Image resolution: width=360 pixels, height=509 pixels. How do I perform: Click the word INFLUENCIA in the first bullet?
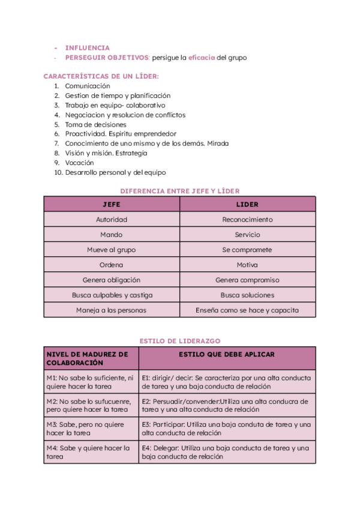click(x=87, y=47)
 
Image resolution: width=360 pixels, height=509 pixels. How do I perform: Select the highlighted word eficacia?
click(x=202, y=58)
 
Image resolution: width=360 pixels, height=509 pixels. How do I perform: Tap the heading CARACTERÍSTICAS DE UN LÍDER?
click(x=101, y=76)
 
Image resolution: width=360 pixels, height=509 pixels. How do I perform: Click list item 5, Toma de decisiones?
click(x=95, y=124)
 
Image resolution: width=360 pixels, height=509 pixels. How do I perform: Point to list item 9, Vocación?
click(x=79, y=163)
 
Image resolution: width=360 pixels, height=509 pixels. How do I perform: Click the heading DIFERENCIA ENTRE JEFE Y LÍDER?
click(x=180, y=191)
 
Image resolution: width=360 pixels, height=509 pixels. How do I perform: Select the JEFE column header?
click(x=112, y=205)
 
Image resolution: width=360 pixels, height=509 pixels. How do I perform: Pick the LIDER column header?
click(x=247, y=205)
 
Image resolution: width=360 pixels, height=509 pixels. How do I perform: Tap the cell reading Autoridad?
click(x=112, y=220)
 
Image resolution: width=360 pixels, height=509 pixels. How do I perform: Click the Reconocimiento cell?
click(x=247, y=220)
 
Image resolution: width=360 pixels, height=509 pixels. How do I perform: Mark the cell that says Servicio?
click(x=247, y=235)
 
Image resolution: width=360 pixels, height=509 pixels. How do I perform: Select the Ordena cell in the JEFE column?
click(x=112, y=265)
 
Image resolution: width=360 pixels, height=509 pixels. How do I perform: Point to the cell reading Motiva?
click(x=247, y=265)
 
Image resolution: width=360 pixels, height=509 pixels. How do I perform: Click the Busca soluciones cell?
click(x=247, y=295)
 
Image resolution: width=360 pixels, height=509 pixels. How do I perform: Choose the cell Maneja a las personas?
click(x=112, y=310)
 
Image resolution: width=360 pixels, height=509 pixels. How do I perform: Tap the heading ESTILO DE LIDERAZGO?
click(x=180, y=341)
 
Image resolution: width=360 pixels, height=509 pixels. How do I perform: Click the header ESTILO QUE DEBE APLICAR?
click(x=227, y=355)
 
